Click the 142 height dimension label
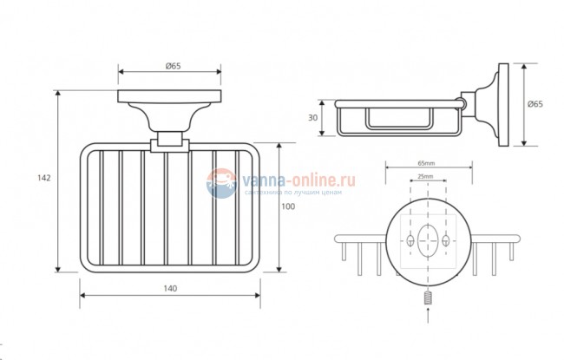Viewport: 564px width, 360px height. pyautogui.click(x=44, y=178)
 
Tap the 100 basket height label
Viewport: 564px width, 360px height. pyautogui.click(x=289, y=206)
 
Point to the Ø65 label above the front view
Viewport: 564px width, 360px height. pyautogui.click(x=172, y=64)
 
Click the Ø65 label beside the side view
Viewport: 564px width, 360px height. pyautogui.click(x=535, y=104)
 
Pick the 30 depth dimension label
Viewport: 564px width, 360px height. pyautogui.click(x=313, y=118)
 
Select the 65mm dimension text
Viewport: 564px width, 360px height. pyautogui.click(x=427, y=163)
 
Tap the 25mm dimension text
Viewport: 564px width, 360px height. pyautogui.click(x=427, y=177)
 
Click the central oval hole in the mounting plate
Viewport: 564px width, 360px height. pyautogui.click(x=428, y=239)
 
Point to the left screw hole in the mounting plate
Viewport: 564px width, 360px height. pyautogui.click(x=408, y=239)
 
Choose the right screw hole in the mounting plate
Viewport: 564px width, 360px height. pyautogui.click(x=447, y=239)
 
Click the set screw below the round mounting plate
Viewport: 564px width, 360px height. pyautogui.click(x=428, y=298)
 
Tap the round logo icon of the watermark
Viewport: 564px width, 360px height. pyautogui.click(x=222, y=183)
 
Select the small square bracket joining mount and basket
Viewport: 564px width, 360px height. pyautogui.click(x=168, y=141)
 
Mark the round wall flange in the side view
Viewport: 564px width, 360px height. pyautogui.click(x=501, y=104)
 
